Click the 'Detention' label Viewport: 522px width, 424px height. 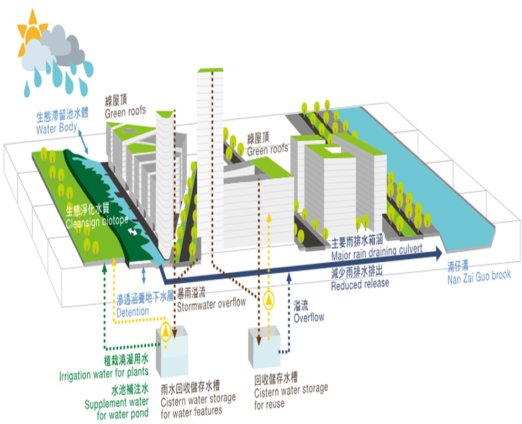pos(132,311)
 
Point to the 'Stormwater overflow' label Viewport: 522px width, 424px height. pos(210,303)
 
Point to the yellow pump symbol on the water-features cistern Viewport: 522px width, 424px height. pos(165,332)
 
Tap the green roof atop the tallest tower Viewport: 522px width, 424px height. pos(210,70)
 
